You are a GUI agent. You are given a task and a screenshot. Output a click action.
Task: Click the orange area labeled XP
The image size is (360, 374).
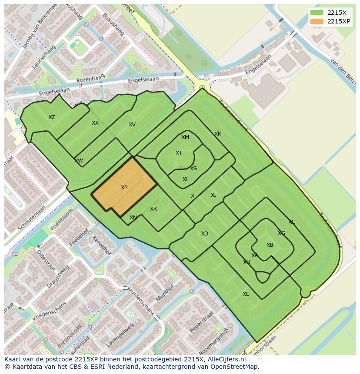coord(124,187)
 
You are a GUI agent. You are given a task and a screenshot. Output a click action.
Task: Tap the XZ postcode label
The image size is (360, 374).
coord(52,117)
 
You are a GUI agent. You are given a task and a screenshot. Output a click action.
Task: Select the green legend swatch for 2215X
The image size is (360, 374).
coord(317,13)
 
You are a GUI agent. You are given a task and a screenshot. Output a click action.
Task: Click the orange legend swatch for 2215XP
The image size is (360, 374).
coord(317,21)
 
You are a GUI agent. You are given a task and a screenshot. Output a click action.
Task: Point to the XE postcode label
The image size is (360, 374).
coord(246,294)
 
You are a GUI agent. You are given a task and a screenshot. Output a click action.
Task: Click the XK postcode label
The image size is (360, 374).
coord(218,134)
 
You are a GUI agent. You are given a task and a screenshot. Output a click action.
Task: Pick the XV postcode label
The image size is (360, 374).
coord(132,125)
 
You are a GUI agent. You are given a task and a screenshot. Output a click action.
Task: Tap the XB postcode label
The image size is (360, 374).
coord(270,245)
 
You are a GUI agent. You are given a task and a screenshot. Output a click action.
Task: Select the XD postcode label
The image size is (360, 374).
coord(204,234)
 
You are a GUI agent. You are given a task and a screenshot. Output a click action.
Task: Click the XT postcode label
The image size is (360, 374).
coord(179,153)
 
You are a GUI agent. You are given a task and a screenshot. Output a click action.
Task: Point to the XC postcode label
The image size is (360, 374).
coord(292,222)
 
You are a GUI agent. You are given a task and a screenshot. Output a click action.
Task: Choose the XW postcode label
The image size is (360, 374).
coord(78,161)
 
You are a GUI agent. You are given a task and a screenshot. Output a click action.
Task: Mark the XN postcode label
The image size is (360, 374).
coord(133,218)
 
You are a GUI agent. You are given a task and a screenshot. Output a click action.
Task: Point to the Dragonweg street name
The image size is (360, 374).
coord(58,276)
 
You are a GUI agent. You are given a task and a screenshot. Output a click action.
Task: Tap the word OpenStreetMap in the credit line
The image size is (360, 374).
coord(236,366)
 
